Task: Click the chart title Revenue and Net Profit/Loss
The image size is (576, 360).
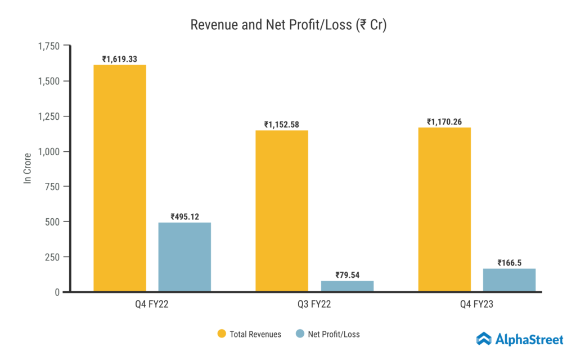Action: tap(288, 25)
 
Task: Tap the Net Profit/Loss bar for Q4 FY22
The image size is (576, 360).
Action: tap(184, 257)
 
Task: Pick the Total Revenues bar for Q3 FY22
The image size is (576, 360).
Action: tap(282, 211)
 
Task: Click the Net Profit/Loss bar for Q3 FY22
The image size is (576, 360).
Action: tap(347, 286)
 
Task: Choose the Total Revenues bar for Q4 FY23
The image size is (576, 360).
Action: tap(444, 209)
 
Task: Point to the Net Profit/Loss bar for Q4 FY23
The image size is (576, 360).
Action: tap(509, 280)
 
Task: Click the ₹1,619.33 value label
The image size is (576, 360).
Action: tap(120, 58)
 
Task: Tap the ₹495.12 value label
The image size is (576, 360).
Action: tap(184, 217)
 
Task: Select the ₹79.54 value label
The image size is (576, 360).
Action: tap(347, 275)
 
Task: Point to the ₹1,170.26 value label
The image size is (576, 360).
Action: tap(444, 121)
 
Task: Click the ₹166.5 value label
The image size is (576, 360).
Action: tap(509, 263)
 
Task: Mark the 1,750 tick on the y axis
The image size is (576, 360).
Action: tap(48, 46)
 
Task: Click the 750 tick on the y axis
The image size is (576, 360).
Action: tap(54, 187)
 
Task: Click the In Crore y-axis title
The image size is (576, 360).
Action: tap(27, 169)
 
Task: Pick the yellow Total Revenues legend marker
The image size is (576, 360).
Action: tap(222, 334)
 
